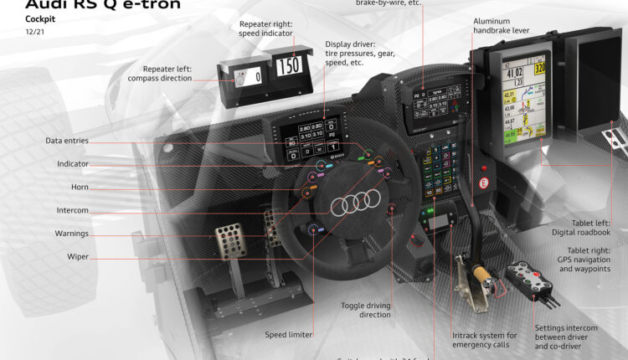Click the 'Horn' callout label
click(x=74, y=187)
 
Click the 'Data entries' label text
click(x=67, y=141)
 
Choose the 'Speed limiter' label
click(x=289, y=334)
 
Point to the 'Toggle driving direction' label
click(x=366, y=310)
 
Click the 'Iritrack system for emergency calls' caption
click(x=486, y=340)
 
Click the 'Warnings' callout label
click(x=71, y=234)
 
